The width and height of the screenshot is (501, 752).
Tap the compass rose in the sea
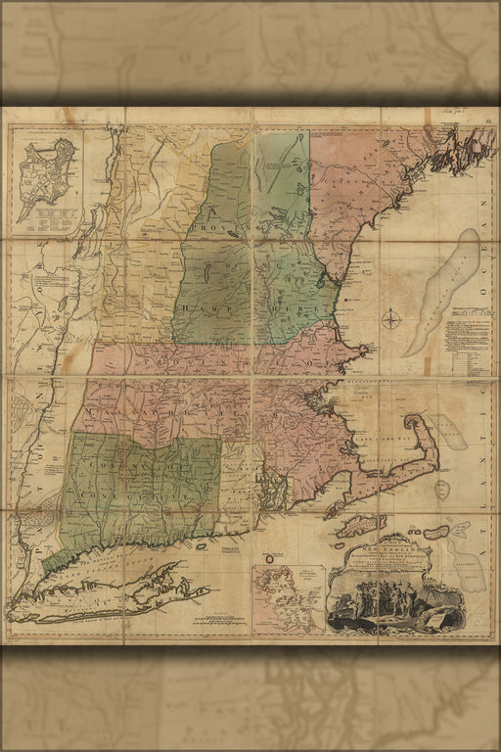(x=392, y=319)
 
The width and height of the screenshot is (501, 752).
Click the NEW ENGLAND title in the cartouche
(x=390, y=552)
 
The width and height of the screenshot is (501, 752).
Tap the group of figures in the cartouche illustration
(x=386, y=602)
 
